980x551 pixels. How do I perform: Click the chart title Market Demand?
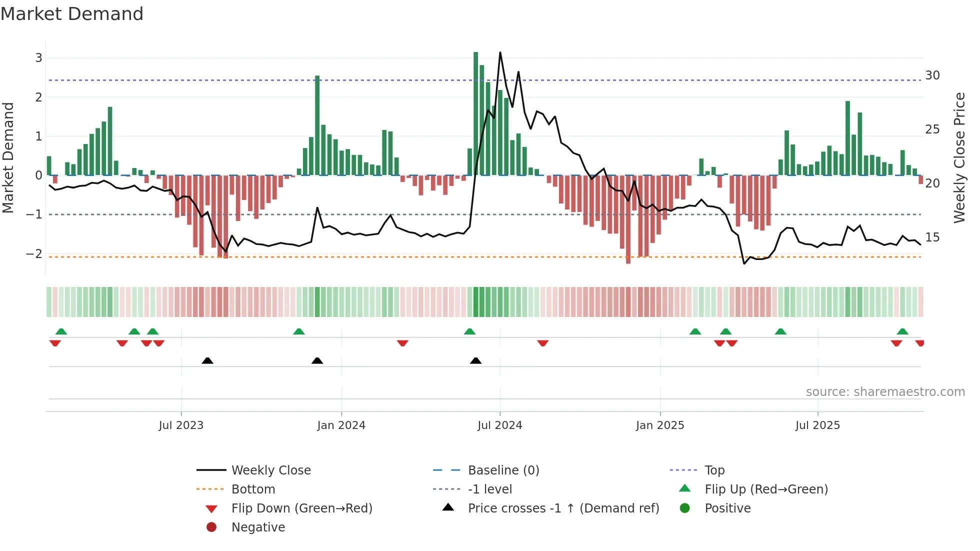pyautogui.click(x=72, y=14)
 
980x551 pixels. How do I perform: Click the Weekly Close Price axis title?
pyautogui.click(x=959, y=157)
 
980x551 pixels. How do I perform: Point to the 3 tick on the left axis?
pyautogui.click(x=38, y=58)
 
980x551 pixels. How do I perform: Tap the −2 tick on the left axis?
pyautogui.click(x=34, y=254)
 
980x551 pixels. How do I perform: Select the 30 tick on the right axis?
pyautogui.click(x=932, y=75)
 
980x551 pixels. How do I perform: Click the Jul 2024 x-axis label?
pyautogui.click(x=499, y=425)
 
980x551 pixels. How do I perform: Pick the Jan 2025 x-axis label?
pyautogui.click(x=659, y=425)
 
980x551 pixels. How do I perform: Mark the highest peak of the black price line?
pyautogui.click(x=500, y=53)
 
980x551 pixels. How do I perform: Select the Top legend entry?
pyautogui.click(x=714, y=470)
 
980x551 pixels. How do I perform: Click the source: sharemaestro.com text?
pyautogui.click(x=885, y=392)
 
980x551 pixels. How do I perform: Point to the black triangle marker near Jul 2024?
pyautogui.click(x=475, y=360)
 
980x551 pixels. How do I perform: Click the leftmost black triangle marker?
pyautogui.click(x=207, y=360)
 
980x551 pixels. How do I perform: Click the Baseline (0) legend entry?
pyautogui.click(x=503, y=470)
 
